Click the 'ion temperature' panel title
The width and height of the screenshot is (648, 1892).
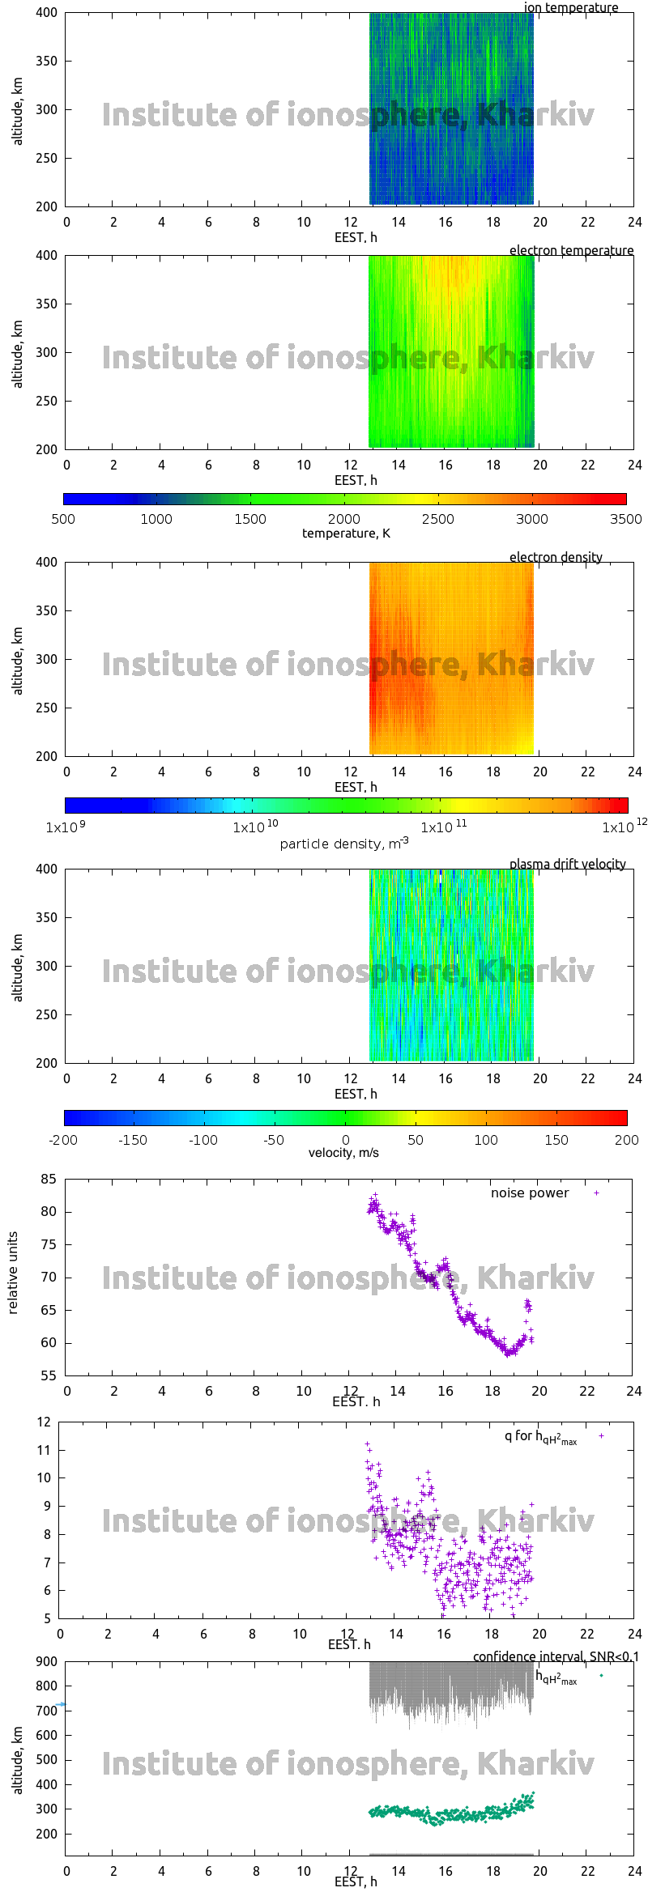[x=570, y=8]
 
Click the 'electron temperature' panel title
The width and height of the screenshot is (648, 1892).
[x=571, y=251]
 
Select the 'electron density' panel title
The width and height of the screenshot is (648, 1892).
[x=556, y=558]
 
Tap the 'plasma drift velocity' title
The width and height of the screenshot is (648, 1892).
[x=567, y=865]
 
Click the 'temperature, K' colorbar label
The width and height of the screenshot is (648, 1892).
[x=346, y=534]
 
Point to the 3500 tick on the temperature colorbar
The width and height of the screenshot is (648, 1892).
[x=625, y=519]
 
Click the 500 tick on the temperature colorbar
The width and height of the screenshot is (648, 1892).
[x=63, y=519]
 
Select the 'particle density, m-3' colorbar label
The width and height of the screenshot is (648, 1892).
[x=343, y=844]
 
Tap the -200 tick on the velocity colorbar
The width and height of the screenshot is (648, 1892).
[x=63, y=1140]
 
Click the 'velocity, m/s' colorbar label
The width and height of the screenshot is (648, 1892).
[x=343, y=1153]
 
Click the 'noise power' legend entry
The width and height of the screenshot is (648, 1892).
[x=530, y=1193]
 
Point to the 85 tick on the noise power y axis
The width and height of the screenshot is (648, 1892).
[x=48, y=1180]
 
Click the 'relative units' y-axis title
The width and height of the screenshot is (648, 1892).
[x=13, y=1273]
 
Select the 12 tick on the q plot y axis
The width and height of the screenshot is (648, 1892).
[x=44, y=1422]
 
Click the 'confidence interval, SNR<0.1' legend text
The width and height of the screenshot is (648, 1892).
[x=556, y=1657]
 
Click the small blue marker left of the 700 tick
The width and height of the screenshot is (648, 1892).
[x=61, y=1704]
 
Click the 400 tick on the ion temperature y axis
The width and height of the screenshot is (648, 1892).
[x=47, y=13]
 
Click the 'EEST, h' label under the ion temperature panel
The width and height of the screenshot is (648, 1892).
[x=356, y=238]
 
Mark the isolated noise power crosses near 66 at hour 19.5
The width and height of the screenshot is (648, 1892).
[x=527, y=1305]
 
